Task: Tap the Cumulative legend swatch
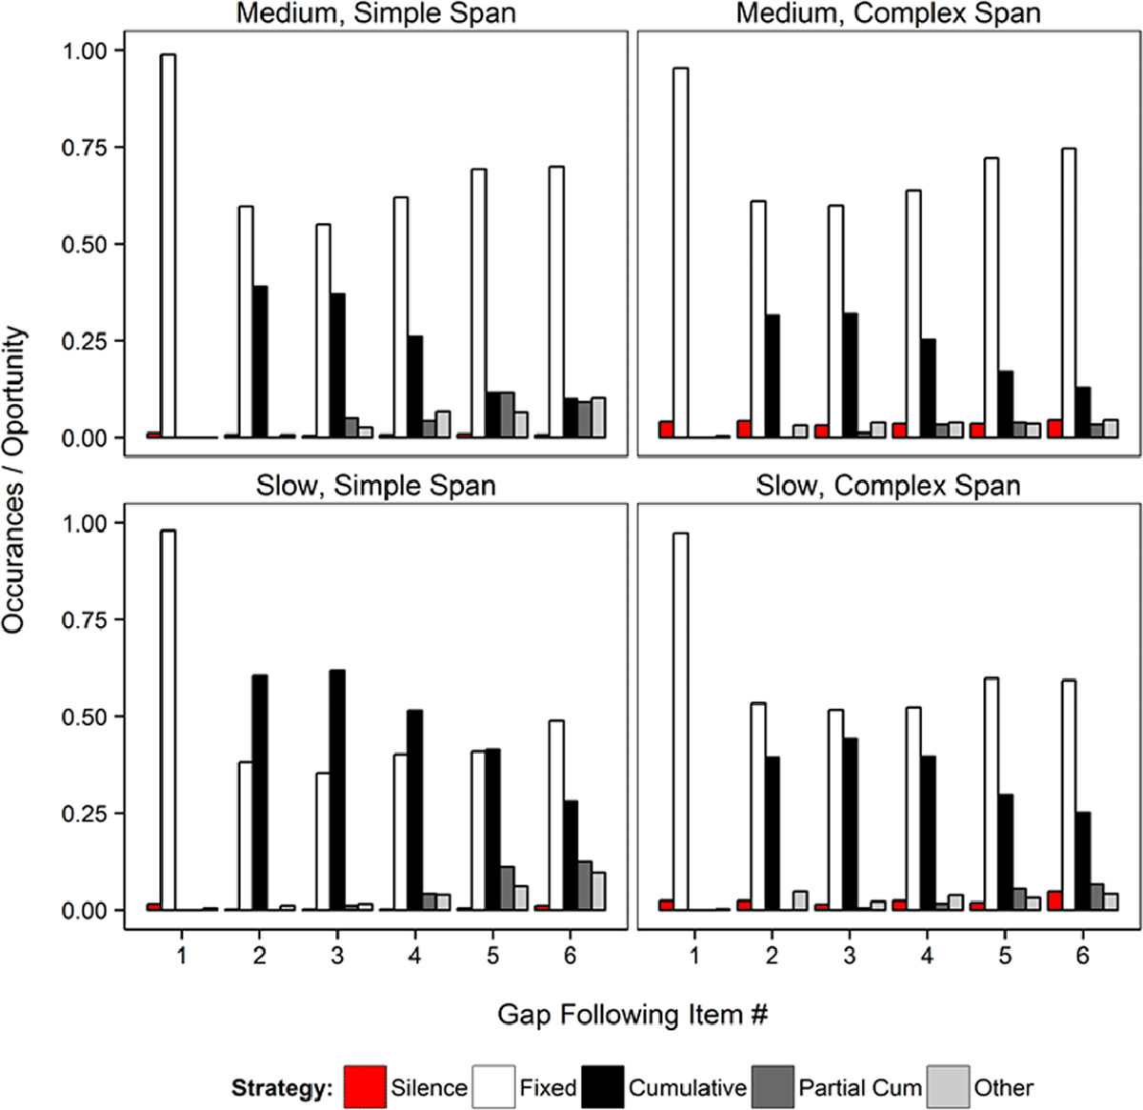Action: click(603, 1087)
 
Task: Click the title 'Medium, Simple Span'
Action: click(376, 14)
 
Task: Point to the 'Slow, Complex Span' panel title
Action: click(888, 486)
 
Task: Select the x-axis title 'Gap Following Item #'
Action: click(632, 1015)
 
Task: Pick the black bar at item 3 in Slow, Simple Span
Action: click(337, 791)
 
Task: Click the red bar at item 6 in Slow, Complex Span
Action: click(1054, 900)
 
